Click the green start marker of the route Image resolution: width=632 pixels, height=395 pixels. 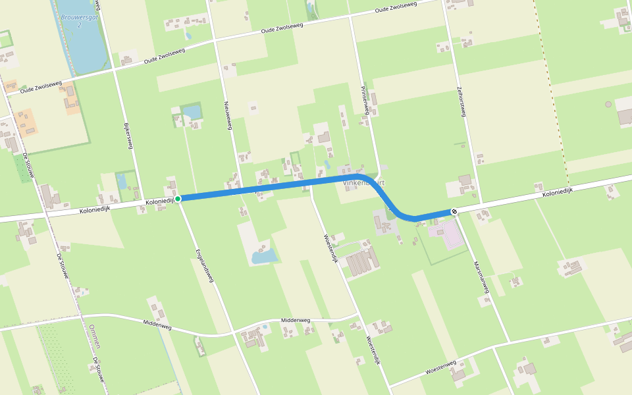tap(178, 198)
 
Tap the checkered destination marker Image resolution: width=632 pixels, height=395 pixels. tap(454, 211)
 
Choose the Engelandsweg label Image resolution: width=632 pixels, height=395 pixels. tap(205, 265)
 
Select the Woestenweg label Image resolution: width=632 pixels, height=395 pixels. tap(441, 367)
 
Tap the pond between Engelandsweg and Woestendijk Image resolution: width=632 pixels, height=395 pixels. tap(265, 255)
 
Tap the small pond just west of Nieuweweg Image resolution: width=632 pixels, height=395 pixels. tap(192, 112)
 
